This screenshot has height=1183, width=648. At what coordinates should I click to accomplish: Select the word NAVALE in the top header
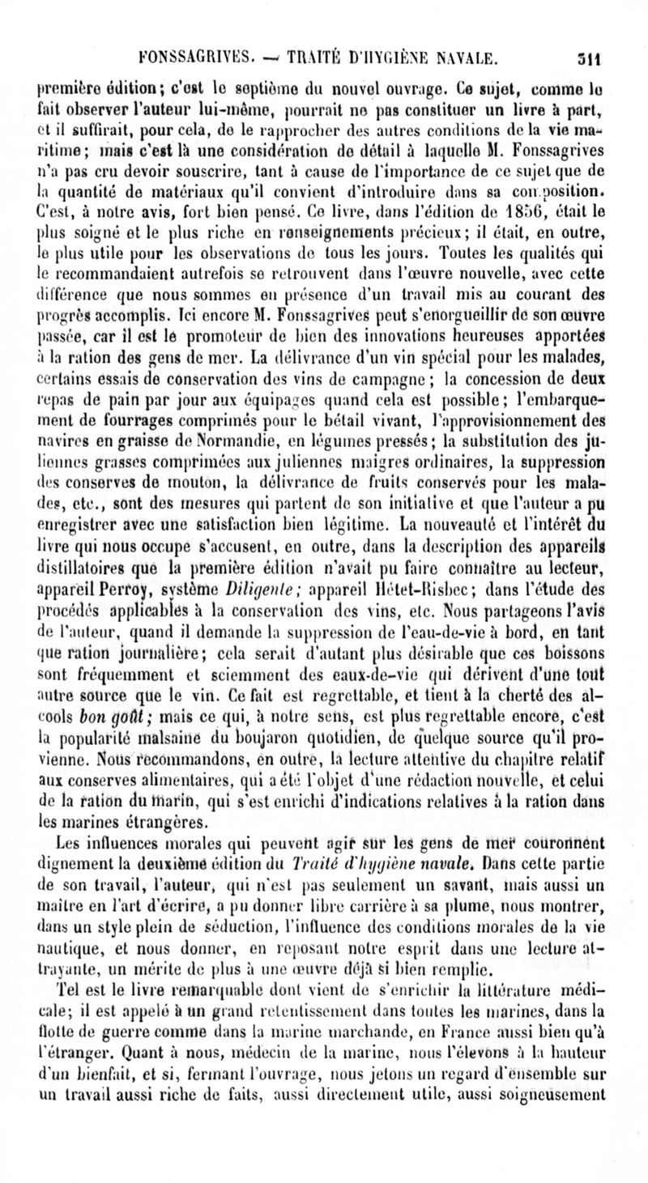tap(465, 57)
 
